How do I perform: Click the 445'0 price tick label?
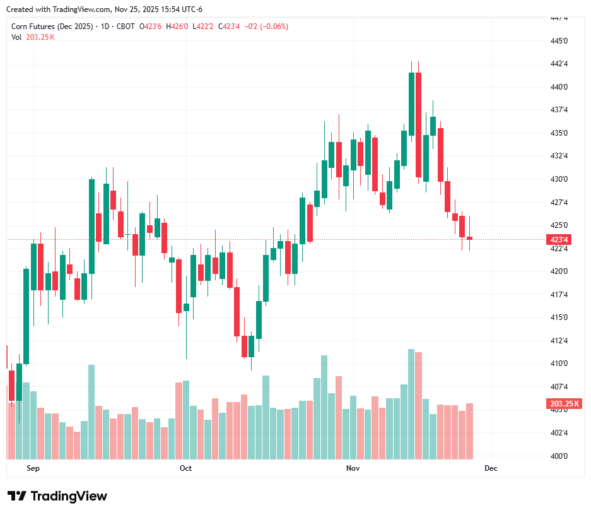[559, 41]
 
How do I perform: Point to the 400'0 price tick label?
[559, 456]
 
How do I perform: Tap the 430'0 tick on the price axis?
[559, 179]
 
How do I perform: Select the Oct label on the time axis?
[185, 468]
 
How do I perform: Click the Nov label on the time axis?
[353, 468]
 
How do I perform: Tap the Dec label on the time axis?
[491, 468]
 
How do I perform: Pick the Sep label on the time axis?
[33, 468]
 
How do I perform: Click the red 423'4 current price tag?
[559, 240]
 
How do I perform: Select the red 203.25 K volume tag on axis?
[565, 404]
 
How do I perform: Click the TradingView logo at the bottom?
[57, 496]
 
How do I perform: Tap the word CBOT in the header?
[126, 27]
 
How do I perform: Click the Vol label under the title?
[16, 37]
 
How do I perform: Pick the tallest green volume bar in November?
[411, 404]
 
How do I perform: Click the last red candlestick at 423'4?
[469, 238]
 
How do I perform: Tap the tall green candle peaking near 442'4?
[411, 104]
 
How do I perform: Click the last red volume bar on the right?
[469, 430]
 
